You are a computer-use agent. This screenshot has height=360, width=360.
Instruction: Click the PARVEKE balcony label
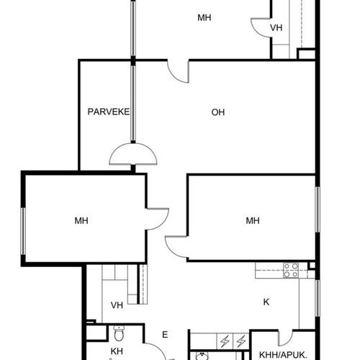tap(109, 112)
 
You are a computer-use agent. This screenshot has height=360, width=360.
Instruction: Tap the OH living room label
tap(218, 112)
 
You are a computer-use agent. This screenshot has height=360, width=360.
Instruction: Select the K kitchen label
tap(266, 302)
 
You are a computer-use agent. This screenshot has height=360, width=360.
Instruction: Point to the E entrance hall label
tap(165, 335)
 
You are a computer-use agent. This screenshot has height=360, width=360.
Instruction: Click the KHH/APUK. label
tap(283, 355)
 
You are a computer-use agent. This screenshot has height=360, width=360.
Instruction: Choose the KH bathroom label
tap(117, 351)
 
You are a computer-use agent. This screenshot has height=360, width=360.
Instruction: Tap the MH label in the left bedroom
tap(81, 220)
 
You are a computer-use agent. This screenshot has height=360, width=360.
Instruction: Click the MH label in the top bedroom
tap(204, 18)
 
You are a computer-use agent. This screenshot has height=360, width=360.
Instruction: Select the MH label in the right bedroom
tap(253, 220)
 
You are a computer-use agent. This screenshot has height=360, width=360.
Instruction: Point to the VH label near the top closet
tap(276, 28)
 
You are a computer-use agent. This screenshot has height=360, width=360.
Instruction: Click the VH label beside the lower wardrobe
tap(117, 305)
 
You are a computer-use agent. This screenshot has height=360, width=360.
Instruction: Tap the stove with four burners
tap(291, 270)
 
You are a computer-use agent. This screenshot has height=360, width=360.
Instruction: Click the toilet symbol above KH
tap(119, 333)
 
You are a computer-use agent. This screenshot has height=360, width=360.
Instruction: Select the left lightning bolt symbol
tap(225, 341)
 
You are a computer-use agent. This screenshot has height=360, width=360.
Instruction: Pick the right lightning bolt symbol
tap(241, 341)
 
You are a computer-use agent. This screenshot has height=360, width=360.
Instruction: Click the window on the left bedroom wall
tap(23, 231)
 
